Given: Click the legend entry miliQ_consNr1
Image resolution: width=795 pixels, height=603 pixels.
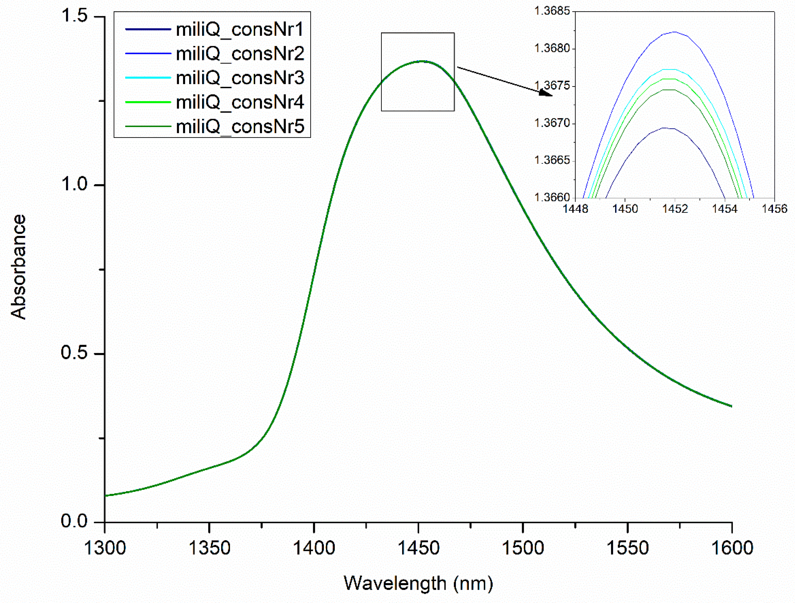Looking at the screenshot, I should pos(240,29).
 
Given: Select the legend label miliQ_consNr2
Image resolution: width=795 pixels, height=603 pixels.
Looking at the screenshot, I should pos(240,54).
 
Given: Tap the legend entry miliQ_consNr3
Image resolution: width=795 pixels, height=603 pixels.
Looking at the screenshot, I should pos(240,78).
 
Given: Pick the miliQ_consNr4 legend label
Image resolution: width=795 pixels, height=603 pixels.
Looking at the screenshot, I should pos(240,102).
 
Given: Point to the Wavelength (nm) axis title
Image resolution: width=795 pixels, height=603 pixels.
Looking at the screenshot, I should pos(418,583).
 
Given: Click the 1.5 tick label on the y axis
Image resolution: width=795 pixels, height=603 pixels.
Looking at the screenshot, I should pos(74,16).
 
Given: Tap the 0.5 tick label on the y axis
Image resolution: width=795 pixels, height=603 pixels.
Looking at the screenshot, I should pos(74,353).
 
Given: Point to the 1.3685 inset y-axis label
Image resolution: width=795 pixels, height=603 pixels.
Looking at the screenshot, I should pos(552,11).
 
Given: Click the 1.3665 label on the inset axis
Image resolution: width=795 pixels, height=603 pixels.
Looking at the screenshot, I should pos(552,160).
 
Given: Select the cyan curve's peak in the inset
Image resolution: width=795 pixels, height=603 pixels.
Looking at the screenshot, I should pos(668,69).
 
